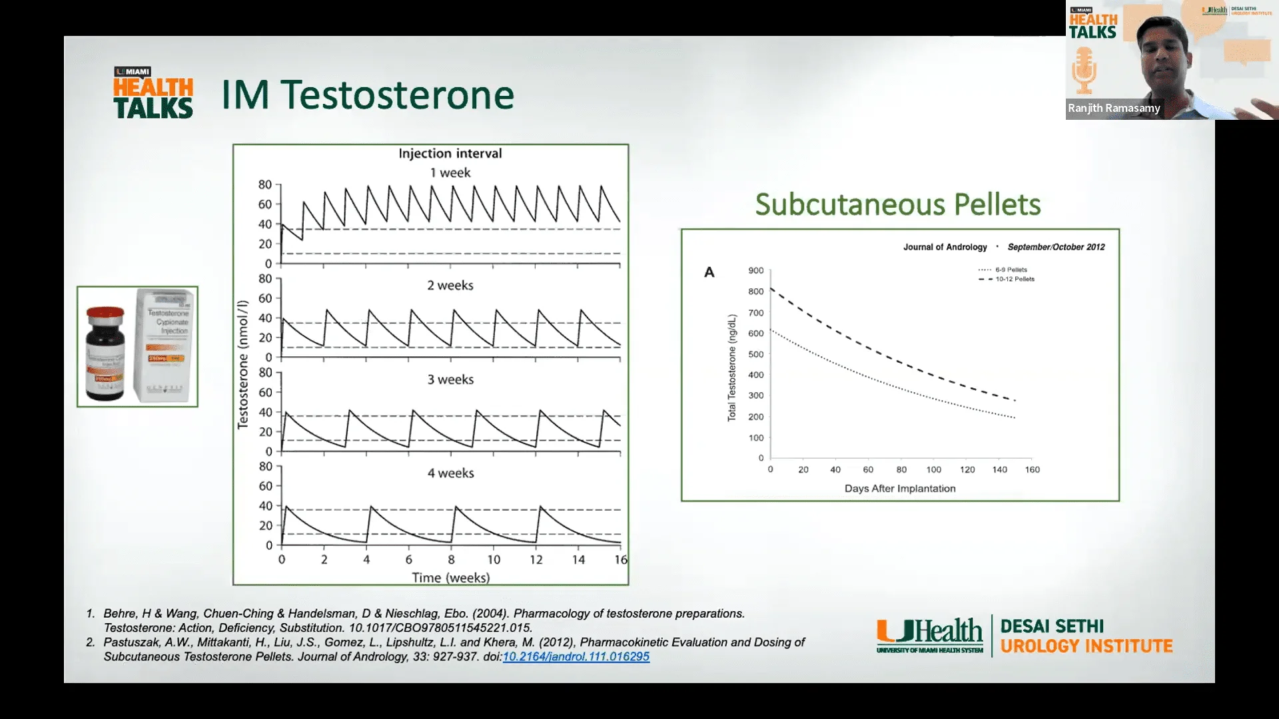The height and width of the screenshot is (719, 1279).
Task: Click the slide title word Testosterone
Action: point(398,95)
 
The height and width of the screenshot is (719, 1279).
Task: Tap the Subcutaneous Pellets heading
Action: point(897,204)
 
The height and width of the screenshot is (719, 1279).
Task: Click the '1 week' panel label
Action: point(450,173)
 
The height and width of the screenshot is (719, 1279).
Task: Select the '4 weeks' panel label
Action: point(450,473)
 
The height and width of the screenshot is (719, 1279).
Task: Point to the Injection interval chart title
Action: point(450,154)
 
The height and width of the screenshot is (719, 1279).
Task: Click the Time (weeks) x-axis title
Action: point(450,578)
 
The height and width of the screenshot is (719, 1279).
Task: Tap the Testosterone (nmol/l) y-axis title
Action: point(243,364)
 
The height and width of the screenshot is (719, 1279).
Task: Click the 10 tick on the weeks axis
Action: point(494,560)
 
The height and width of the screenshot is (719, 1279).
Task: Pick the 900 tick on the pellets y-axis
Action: point(756,271)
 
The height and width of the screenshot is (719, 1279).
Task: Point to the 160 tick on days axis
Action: point(1032,470)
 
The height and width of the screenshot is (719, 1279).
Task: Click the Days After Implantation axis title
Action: point(900,489)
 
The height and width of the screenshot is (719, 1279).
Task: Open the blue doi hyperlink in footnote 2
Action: point(576,657)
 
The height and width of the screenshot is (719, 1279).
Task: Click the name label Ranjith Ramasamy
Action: point(1114,109)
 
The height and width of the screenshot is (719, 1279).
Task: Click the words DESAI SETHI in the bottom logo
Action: point(1052,626)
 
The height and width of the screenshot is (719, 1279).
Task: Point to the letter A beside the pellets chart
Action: point(709,272)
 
